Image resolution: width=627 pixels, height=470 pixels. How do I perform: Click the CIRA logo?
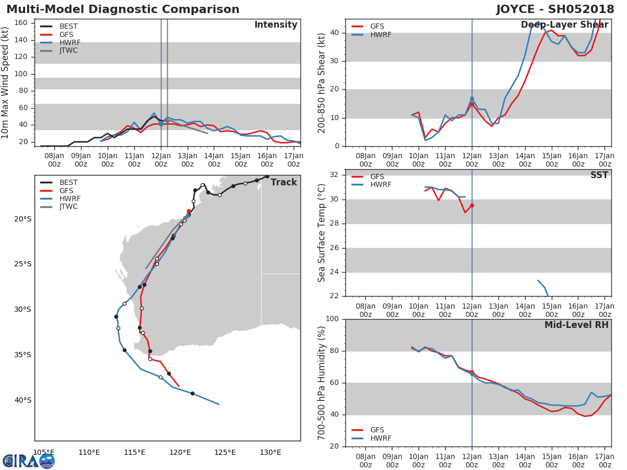(29, 461)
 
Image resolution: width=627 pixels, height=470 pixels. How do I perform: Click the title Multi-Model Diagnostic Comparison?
(123, 9)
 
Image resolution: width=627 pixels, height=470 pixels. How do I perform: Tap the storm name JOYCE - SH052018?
(555, 9)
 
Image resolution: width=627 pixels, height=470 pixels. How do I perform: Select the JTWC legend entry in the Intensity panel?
(61, 51)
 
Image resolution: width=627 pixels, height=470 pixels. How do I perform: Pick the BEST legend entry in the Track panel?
(61, 182)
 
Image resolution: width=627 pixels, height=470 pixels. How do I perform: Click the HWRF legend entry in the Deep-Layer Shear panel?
(371, 34)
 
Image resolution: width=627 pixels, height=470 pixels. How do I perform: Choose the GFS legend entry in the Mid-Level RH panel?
(368, 430)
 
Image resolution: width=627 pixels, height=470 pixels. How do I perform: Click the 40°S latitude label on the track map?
(23, 400)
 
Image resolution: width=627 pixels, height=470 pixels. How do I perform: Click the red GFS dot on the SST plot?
(472, 205)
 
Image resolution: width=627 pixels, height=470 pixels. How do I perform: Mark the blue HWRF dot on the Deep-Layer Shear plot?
(472, 99)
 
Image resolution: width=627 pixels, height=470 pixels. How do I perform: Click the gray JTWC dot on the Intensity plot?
(167, 121)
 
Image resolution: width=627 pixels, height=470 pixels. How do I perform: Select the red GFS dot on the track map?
(189, 211)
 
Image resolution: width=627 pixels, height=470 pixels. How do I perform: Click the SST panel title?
(599, 175)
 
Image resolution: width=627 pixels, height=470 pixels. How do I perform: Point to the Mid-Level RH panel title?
(576, 325)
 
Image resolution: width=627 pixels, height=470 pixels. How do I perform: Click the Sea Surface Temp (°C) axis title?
(321, 233)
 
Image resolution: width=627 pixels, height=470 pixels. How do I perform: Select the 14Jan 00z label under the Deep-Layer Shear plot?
(525, 160)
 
